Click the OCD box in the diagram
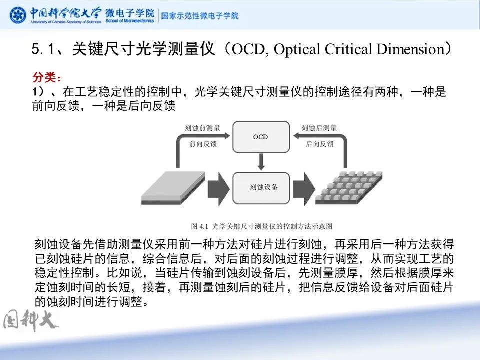[260, 137]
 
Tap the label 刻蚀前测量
[203, 128]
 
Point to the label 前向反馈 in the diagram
[203, 144]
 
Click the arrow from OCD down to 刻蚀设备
[260, 161]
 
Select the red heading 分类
[47, 78]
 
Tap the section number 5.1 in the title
[43, 49]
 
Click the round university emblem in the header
[18, 15]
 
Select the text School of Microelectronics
[129, 21]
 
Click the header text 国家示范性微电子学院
[199, 15]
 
